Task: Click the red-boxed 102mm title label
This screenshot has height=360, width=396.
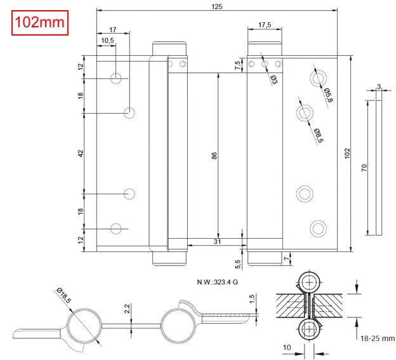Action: [x=39, y=23]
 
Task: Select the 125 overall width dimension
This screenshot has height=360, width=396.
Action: [x=218, y=6]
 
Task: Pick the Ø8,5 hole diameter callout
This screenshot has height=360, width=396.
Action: [x=318, y=135]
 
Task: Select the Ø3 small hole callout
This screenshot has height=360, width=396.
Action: [x=274, y=79]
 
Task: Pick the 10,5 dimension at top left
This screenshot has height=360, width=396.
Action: [x=107, y=41]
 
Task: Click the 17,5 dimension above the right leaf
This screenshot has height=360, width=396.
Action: [x=265, y=25]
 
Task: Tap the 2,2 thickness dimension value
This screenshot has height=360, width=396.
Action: [x=127, y=310]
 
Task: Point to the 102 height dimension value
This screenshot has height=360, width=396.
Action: [x=347, y=154]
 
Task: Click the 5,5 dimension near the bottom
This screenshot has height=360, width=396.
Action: [x=238, y=262]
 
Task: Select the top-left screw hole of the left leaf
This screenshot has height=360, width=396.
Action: [x=116, y=78]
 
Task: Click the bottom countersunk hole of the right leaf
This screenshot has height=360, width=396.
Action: [x=317, y=227]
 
